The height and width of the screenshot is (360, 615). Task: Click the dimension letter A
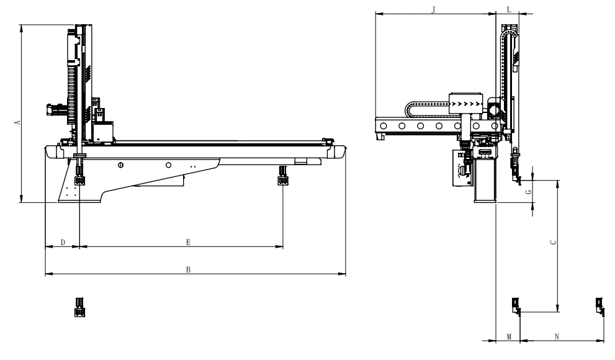point(17,122)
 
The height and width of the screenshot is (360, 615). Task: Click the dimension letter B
point(188,269)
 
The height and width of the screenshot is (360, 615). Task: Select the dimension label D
point(63,242)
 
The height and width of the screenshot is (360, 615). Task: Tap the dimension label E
point(188,242)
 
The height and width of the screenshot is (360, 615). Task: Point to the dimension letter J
point(433,10)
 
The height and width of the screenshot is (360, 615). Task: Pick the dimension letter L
point(509,10)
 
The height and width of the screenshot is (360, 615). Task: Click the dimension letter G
point(529,192)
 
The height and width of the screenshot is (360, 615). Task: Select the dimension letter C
point(554,242)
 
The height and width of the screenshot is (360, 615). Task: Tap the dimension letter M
point(509,336)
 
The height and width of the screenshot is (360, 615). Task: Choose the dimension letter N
point(557,336)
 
